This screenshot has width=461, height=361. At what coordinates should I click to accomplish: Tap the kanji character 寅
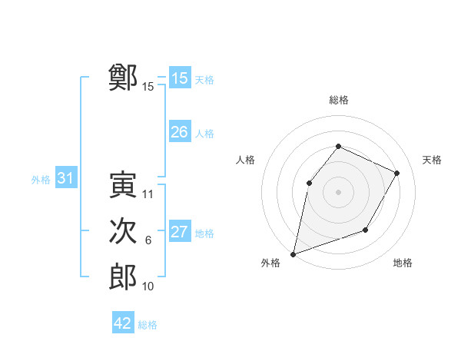point(123,185)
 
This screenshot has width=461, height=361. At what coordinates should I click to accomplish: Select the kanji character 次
point(123,231)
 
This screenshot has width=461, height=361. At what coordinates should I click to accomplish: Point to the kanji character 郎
point(123,277)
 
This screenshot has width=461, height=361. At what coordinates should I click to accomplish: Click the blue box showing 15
point(180,78)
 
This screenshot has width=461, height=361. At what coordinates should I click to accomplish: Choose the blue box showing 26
point(180,132)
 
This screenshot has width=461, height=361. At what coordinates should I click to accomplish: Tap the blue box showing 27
point(180,232)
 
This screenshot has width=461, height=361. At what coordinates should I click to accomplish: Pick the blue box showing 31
point(66,178)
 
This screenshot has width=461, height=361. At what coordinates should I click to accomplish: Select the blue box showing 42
point(123,323)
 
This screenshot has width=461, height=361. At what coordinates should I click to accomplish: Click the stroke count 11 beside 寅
point(148,194)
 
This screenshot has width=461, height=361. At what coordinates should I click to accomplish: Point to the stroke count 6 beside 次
point(148,240)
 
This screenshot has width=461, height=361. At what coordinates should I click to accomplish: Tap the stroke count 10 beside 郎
point(148,286)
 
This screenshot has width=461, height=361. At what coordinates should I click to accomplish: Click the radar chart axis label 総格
point(338,100)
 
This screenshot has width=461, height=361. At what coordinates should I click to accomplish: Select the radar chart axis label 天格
point(432,160)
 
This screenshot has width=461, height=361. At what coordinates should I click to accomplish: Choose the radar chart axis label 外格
point(270,263)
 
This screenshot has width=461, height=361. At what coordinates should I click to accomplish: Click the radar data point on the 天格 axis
point(397,173)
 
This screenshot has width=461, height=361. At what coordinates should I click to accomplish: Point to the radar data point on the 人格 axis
point(309,183)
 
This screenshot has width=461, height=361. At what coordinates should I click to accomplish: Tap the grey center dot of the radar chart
point(338,192)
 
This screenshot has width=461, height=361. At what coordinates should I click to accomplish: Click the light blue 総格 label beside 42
point(148,325)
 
